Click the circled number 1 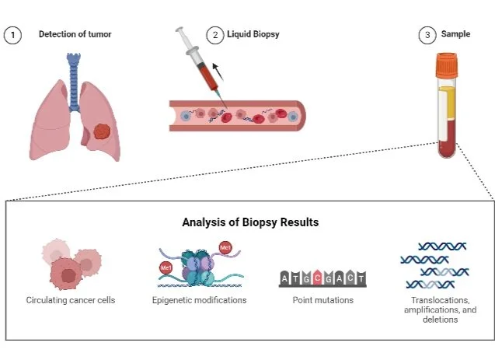pyautogui.click(x=11, y=36)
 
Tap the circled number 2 pyautogui.click(x=214, y=36)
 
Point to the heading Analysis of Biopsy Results pyautogui.click(x=250, y=222)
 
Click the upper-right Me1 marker pyautogui.click(x=226, y=247)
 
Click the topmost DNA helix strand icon pyautogui.click(x=440, y=246)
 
